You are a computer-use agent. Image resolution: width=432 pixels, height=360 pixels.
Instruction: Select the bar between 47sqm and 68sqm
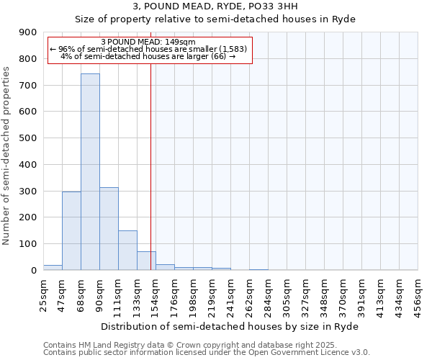click(x=71, y=230)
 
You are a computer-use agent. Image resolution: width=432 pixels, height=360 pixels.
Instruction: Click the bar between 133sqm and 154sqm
click(x=146, y=261)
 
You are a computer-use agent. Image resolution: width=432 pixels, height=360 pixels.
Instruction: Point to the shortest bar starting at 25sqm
click(x=53, y=267)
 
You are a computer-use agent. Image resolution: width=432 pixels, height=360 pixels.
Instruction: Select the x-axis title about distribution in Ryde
click(x=229, y=326)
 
